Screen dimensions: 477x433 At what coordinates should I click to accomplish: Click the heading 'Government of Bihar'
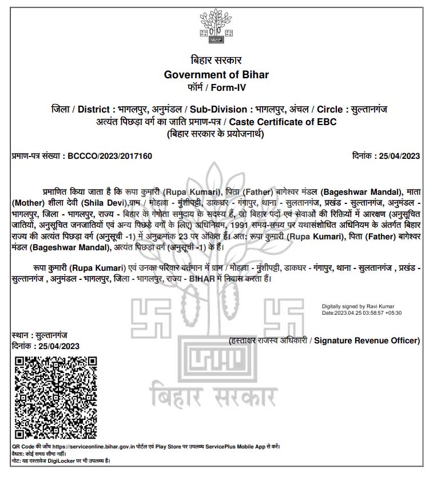click(216, 75)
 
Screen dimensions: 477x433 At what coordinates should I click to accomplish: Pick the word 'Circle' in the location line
click(332, 109)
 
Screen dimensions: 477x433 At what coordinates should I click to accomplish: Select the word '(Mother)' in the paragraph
click(29, 202)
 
